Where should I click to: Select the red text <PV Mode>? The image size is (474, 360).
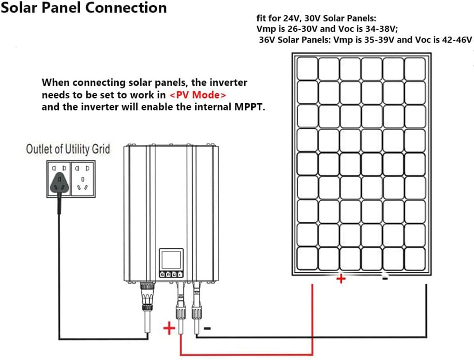coord(198,95)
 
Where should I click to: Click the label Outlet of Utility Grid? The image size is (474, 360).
coord(68,149)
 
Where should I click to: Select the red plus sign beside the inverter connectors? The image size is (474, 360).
coord(169,329)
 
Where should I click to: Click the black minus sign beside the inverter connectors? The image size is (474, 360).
coord(207,329)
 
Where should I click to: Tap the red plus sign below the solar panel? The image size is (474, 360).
coord(341,279)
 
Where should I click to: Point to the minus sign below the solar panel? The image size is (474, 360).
coord(385,278)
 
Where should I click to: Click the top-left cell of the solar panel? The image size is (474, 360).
coord(307,68)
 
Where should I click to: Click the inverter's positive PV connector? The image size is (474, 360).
coord(180,299)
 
